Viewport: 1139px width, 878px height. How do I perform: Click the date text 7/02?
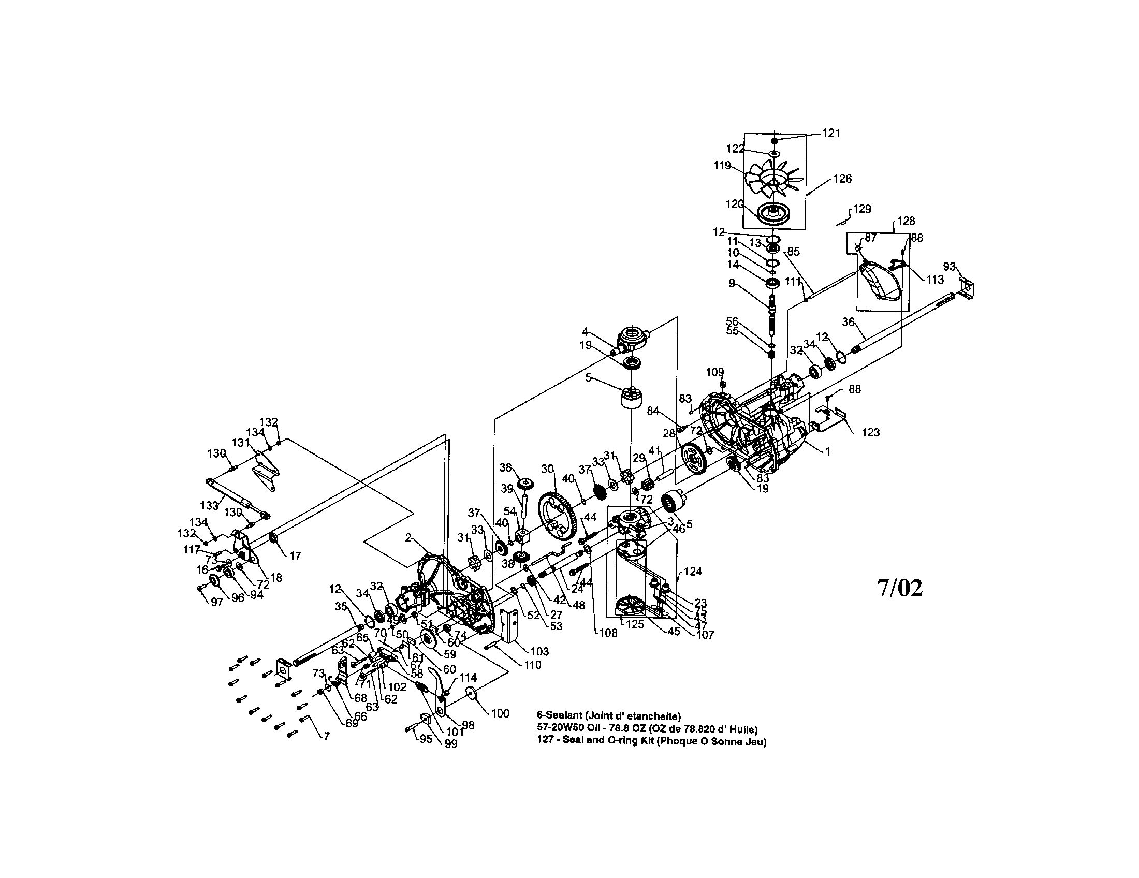coord(899,588)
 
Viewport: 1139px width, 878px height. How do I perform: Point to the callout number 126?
coord(842,179)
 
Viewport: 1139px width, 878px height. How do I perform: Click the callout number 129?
coord(862,209)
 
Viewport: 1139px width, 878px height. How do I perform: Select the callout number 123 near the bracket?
coord(870,432)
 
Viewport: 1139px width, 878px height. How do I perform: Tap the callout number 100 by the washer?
coord(500,713)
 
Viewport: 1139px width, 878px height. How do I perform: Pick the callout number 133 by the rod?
coord(209,505)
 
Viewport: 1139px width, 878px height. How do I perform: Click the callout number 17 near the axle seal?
coord(295,557)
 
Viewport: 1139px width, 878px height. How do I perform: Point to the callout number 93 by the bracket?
coord(949,267)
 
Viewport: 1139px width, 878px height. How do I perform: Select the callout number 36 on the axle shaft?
coord(848,322)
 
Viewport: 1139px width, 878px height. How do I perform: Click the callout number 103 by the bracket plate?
coord(539,651)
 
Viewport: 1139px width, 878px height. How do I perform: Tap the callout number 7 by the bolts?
coord(327,737)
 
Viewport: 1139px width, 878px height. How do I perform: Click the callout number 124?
coord(693,572)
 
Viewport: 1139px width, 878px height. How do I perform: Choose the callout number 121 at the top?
coord(831,133)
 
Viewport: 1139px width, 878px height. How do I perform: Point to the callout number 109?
coord(715,372)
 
